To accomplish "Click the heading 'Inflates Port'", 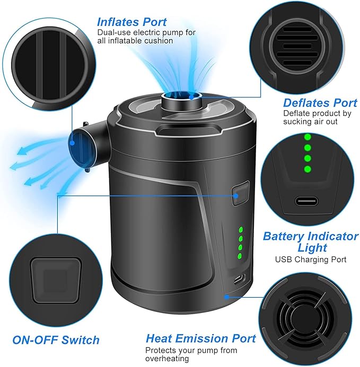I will pyautogui.click(x=131, y=22).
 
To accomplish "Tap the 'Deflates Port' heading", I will pyautogui.click(x=320, y=102).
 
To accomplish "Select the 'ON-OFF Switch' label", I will pyautogui.click(x=56, y=339).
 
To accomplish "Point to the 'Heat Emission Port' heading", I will pyautogui.click(x=200, y=338).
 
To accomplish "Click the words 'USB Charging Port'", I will pyautogui.click(x=310, y=259).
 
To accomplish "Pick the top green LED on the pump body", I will pyautogui.click(x=239, y=230).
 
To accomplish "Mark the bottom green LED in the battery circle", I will pyautogui.click(x=306, y=169).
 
